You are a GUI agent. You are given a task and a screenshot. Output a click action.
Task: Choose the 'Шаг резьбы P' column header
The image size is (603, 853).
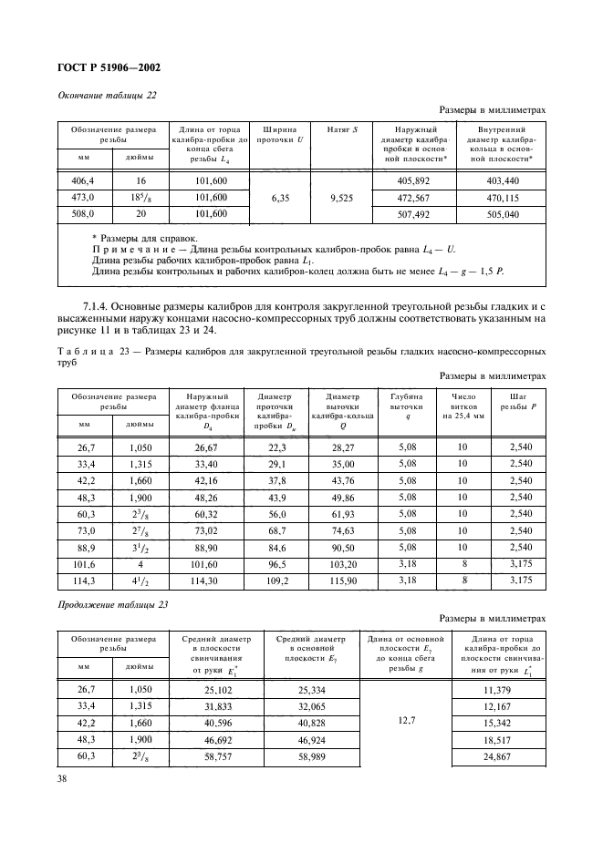519,403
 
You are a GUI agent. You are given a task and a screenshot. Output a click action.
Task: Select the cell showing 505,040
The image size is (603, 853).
504,215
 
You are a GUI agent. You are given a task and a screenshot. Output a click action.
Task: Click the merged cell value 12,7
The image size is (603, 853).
406,725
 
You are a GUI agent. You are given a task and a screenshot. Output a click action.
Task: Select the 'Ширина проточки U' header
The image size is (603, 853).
280,135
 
